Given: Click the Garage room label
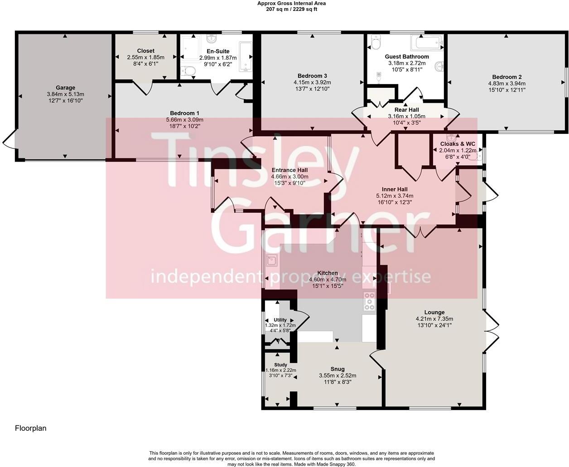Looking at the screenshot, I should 65,88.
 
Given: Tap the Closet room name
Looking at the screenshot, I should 145,51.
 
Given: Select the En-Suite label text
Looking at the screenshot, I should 218,51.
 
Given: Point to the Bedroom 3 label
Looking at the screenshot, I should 312,76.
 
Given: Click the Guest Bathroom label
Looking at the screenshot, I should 407,57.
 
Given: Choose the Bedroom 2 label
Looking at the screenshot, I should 506,77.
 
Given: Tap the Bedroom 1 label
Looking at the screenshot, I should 184,113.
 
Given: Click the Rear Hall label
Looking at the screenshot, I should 406,110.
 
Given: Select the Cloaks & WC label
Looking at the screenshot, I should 458,144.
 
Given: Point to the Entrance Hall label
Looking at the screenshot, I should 289,170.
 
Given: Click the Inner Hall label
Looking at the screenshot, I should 395,189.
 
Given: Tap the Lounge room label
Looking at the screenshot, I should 434,312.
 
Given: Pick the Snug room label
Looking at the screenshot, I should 338,369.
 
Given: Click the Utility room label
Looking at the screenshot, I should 280,320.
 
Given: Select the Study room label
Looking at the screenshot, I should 280,365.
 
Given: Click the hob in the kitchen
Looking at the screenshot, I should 369,301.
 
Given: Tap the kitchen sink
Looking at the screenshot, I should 272,261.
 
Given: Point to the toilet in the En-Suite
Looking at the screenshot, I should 188,71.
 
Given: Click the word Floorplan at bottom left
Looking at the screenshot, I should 31,428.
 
